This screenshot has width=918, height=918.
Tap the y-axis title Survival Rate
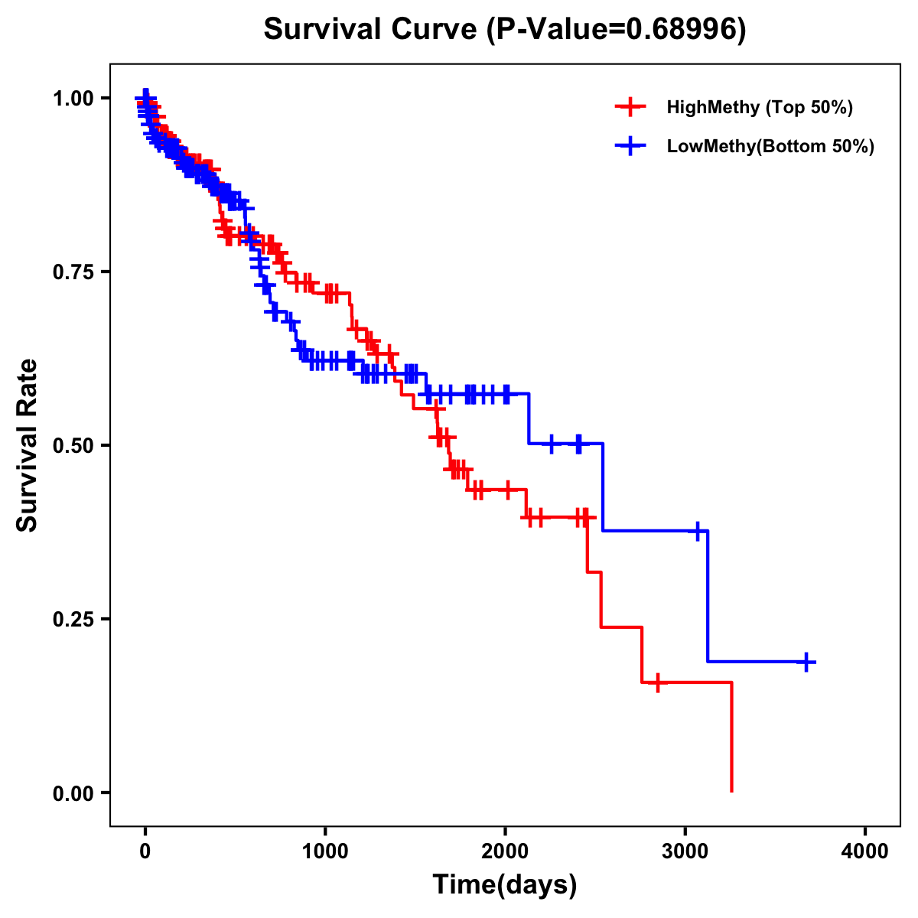coord(28,444)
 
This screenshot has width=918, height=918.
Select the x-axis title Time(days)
coord(504,884)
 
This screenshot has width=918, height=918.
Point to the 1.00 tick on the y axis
coord(72,98)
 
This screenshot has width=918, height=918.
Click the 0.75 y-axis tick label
coord(72,272)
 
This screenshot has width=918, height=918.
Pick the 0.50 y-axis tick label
coord(72,445)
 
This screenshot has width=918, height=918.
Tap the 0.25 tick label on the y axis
coord(72,619)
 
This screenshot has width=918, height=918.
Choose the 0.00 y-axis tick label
coord(72,793)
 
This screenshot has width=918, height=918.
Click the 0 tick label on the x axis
coord(145,851)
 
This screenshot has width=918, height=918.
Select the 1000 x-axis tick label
coord(325,851)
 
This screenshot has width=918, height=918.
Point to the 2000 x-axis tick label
coord(505,851)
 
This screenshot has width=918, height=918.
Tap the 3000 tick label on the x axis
coord(685,851)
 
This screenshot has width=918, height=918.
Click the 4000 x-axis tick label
coord(865,851)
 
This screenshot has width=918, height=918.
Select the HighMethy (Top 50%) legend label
coord(759,107)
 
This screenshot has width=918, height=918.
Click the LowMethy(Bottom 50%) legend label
coord(770,146)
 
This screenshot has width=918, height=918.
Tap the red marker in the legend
coord(630,107)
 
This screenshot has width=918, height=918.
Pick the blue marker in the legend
coord(630,146)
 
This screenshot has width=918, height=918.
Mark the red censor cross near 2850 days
coord(657,682)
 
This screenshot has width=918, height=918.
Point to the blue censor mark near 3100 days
coord(698,530)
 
